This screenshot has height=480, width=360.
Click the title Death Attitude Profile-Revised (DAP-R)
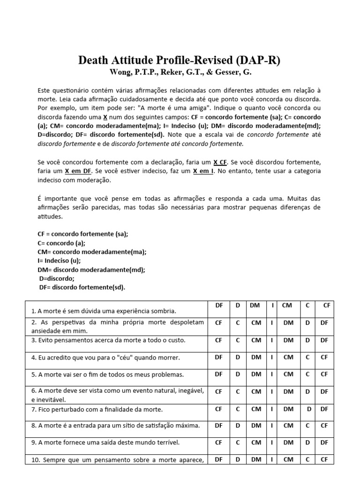[x=180, y=60]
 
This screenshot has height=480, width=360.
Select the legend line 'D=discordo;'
[x=57, y=278]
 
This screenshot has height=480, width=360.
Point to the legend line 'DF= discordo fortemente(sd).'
[x=82, y=287]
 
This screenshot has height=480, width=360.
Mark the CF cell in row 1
[x=327, y=305]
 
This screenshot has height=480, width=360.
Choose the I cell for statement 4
[x=272, y=357]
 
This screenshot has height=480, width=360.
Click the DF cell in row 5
[x=218, y=374]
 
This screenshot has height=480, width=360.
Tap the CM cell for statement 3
[x=256, y=340]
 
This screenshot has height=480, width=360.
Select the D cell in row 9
[x=307, y=442]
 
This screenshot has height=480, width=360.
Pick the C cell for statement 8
[x=307, y=425]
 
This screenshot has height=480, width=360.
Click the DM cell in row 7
[x=288, y=409]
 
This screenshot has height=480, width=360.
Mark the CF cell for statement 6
[x=218, y=391]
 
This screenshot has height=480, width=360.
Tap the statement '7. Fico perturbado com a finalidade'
[x=97, y=409]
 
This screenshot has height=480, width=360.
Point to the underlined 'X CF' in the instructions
[x=220, y=162]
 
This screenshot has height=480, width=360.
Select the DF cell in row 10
[x=218, y=459]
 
